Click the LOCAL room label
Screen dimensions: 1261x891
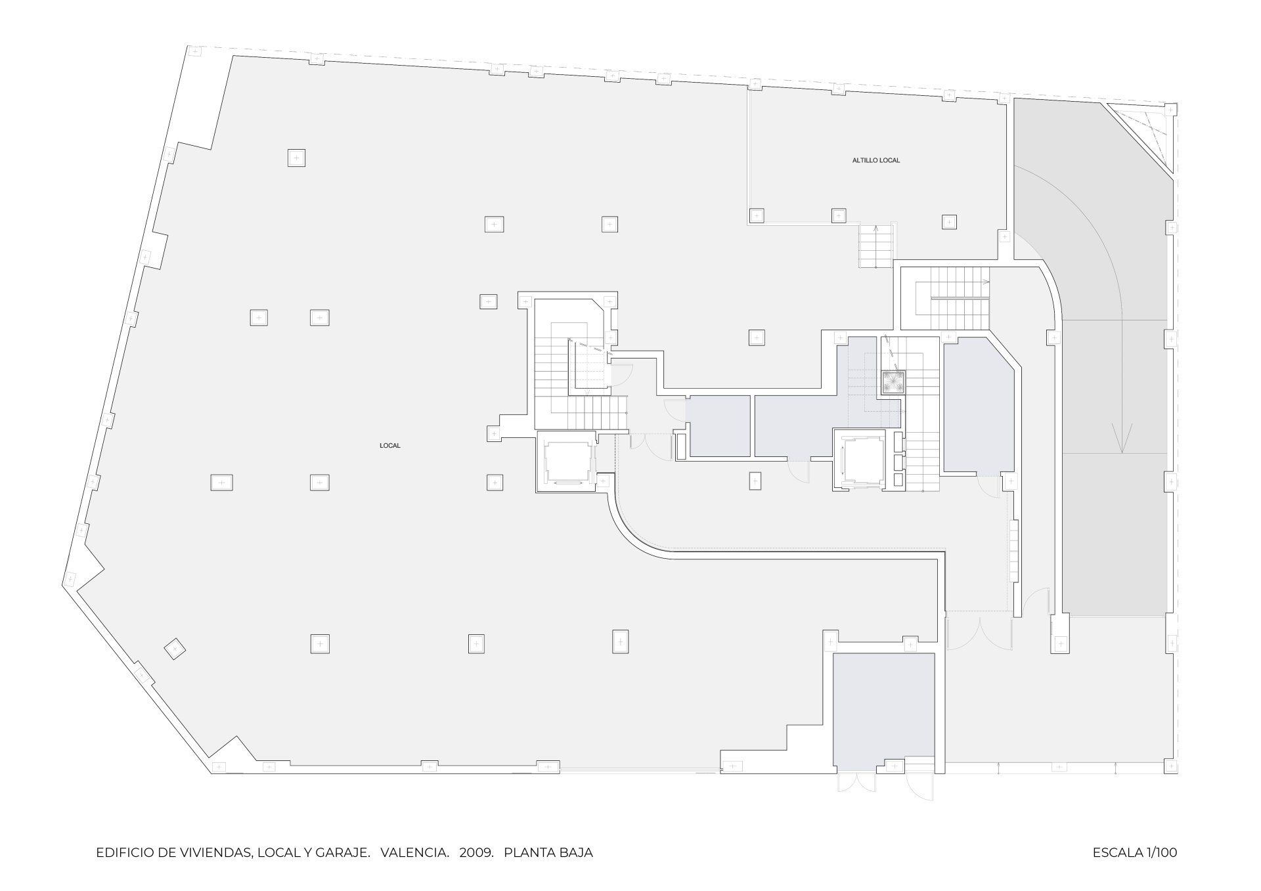[390, 446]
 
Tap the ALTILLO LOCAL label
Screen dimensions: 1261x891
[876, 160]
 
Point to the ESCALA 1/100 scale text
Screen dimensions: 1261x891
[1135, 853]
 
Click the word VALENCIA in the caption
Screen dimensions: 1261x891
[414, 853]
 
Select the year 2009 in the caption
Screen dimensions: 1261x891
[477, 853]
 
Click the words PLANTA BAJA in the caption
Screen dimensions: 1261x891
[548, 853]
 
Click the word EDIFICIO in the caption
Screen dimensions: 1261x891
[123, 853]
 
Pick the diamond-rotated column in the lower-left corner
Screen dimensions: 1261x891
[175, 649]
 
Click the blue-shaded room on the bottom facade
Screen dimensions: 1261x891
[883, 711]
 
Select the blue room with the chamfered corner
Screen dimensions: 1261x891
[979, 406]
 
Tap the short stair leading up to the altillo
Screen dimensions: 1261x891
[877, 246]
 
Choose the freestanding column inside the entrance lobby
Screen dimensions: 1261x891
[755, 481]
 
